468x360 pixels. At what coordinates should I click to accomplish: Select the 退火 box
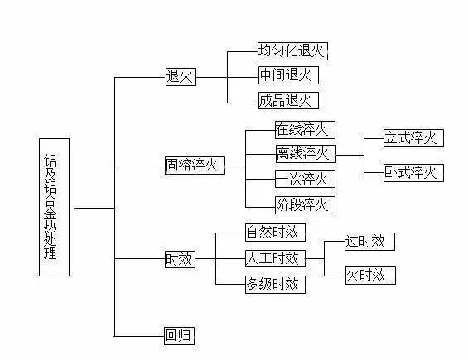(180, 76)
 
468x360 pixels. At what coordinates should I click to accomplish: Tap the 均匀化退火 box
(292, 50)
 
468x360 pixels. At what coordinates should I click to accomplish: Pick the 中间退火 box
(287, 75)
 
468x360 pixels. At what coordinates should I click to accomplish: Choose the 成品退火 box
(287, 101)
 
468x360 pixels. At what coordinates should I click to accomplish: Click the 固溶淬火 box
(194, 165)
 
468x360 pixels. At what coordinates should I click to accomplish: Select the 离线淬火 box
(304, 153)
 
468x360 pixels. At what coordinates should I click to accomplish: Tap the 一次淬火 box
(304, 179)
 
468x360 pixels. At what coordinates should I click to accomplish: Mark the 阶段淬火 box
(304, 204)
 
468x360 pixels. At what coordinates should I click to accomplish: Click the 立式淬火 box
(413, 138)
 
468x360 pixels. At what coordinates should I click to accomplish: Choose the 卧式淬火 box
(413, 172)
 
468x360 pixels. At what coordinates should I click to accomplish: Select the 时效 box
(179, 259)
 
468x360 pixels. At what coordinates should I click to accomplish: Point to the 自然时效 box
(273, 233)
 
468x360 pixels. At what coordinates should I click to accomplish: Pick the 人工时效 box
(273, 258)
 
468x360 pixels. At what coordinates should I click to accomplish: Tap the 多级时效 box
(273, 284)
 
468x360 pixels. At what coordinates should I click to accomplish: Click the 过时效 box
(369, 241)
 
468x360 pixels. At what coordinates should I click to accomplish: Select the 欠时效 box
(369, 275)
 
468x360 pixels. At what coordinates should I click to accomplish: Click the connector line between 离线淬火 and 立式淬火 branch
(350, 154)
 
